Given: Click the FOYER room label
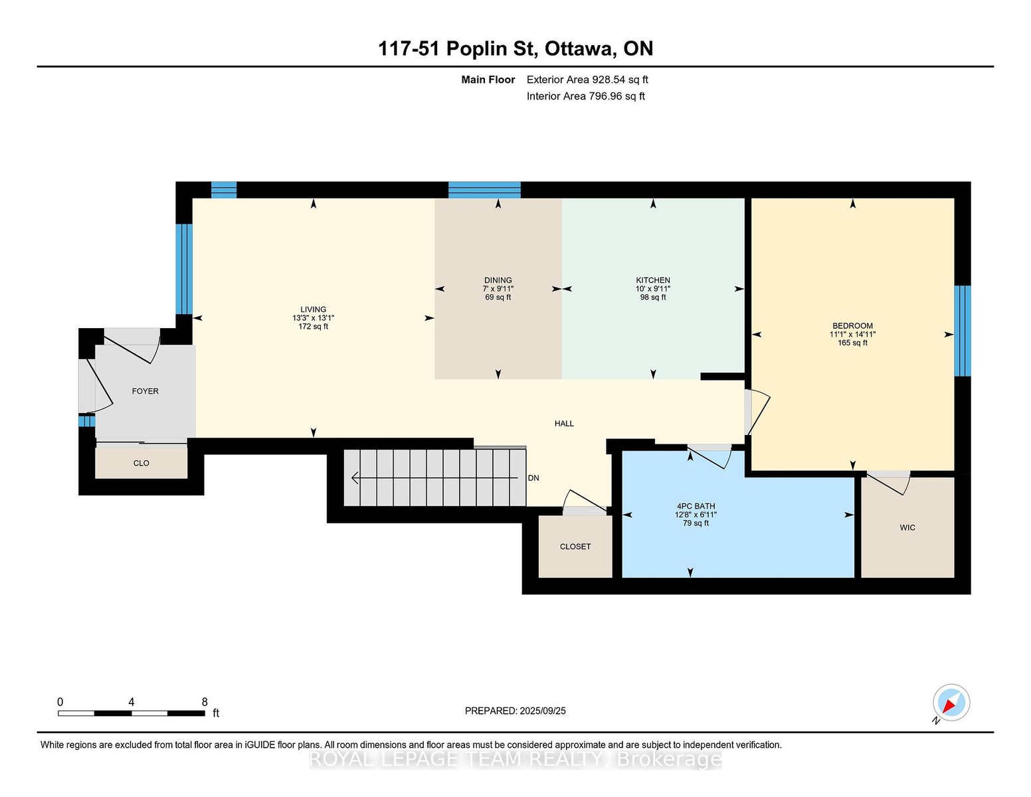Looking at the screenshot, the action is (x=145, y=391).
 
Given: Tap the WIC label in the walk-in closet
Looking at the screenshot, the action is (x=907, y=528).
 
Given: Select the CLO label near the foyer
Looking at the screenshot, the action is (x=141, y=463).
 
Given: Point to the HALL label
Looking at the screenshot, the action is (x=564, y=423).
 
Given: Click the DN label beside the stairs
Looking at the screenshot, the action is (x=533, y=478).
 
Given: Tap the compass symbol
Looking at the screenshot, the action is (x=951, y=703).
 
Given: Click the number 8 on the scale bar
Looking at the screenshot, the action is (x=205, y=702).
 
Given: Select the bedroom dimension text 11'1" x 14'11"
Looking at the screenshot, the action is (x=852, y=334).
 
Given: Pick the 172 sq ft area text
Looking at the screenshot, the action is (x=313, y=327).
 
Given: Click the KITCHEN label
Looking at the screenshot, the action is (x=653, y=280).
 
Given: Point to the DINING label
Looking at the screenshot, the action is (x=498, y=280).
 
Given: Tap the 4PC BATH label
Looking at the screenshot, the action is (x=696, y=506).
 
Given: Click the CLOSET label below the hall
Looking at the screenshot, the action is (x=575, y=547).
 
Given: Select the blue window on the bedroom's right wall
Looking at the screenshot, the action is (x=963, y=331).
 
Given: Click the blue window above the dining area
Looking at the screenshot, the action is (x=484, y=190).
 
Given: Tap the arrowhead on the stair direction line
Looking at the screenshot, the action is (x=354, y=478).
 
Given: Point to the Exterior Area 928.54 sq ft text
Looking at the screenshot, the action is (x=587, y=80).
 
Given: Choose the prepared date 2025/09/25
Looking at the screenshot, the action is (x=543, y=711).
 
